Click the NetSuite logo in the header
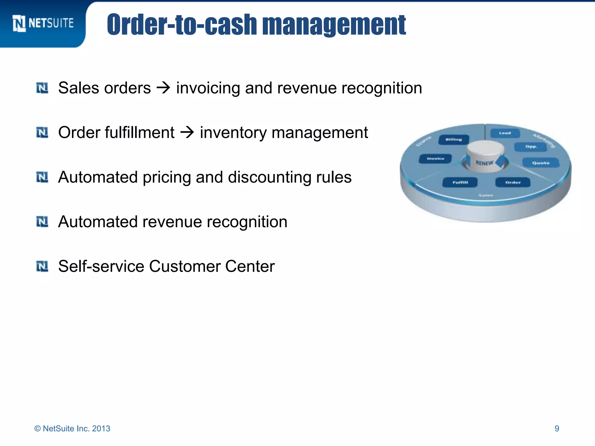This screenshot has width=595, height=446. tap(43, 23)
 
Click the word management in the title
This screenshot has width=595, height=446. tap(334, 25)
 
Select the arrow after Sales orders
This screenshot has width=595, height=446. tap(163, 88)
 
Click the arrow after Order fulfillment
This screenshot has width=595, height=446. tap(187, 132)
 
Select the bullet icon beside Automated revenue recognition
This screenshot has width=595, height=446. tap(42, 222)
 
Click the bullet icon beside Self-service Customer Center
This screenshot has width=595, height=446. tap(42, 266)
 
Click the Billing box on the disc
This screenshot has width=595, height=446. tap(454, 140)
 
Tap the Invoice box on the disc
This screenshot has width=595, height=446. tap(435, 159)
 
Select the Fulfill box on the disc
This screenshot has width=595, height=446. tap(460, 182)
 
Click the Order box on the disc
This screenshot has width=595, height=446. tap(513, 182)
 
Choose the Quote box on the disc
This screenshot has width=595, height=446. tap(540, 163)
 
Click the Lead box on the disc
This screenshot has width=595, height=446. tap(505, 133)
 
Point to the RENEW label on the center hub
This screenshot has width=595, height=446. tap(484, 163)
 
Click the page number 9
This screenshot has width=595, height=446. tap(557, 429)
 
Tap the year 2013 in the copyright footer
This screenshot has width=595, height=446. tap(101, 429)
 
